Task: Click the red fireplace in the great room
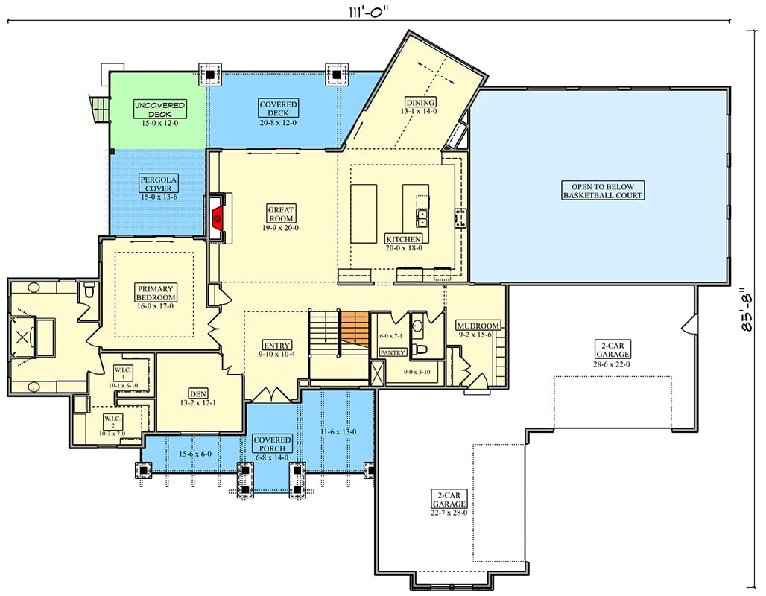[218, 218]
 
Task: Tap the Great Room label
[281, 215]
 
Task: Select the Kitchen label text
[403, 239]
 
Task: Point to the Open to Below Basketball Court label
[602, 191]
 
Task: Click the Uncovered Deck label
[159, 110]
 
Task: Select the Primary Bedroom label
[155, 293]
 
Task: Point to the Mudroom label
[477, 326]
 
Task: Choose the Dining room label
[420, 102]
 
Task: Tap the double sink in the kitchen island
[422, 218]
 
